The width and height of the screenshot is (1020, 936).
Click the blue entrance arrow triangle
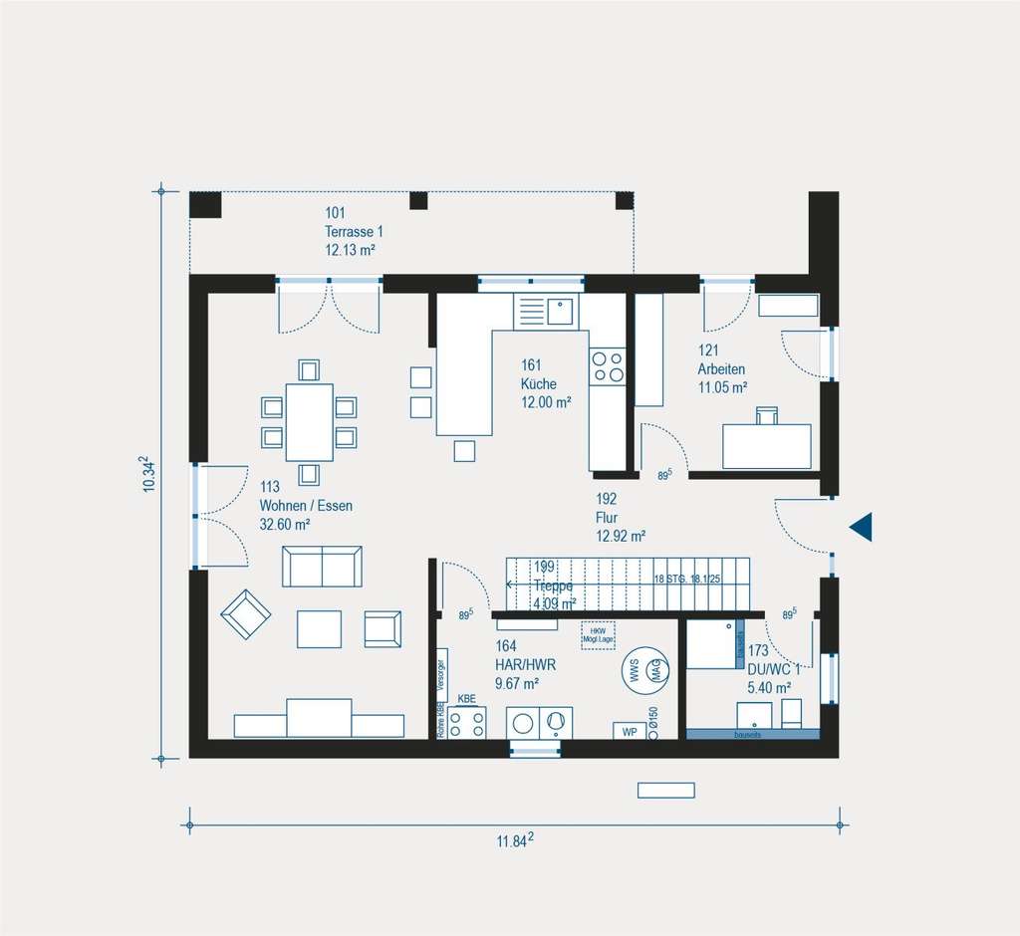tap(862, 527)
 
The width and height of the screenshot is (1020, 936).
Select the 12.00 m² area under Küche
tap(545, 402)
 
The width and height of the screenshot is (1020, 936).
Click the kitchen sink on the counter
tap(560, 311)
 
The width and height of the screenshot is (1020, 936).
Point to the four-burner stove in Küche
tap(607, 367)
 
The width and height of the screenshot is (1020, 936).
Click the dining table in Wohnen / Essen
tap(309, 422)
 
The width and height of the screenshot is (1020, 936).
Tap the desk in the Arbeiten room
tap(766, 446)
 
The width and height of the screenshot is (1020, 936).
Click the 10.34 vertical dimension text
tap(148, 474)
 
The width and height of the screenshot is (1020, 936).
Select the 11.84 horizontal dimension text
tap(515, 841)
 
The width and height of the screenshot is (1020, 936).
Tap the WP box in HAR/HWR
tap(629, 731)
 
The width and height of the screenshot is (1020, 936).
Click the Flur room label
tap(608, 518)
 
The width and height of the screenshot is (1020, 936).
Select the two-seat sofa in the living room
tap(322, 567)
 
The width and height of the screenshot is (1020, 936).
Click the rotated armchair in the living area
tap(245, 613)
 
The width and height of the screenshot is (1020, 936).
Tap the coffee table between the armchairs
tap(319, 629)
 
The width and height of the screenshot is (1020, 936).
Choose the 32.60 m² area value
tap(285, 524)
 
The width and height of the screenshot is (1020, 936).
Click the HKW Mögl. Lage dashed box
tap(598, 635)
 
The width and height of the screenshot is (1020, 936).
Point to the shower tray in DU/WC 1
tap(711, 644)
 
